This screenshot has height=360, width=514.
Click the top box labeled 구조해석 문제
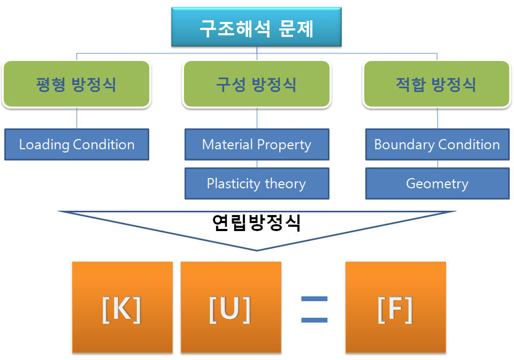click(x=256, y=27)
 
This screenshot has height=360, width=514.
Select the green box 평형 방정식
click(x=76, y=84)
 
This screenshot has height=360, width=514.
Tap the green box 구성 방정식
click(x=256, y=84)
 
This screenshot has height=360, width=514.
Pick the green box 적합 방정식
click(x=436, y=84)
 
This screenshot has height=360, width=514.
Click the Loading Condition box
click(x=76, y=144)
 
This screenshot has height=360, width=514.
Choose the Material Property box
click(x=257, y=144)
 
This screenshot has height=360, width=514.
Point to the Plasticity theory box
click(x=257, y=183)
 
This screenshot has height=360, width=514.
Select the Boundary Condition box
click(x=437, y=144)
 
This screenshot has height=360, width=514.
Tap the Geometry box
click(x=437, y=183)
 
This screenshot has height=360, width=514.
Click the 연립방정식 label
click(x=256, y=223)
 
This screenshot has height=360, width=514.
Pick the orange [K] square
click(x=122, y=307)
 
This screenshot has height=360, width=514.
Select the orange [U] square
click(x=231, y=307)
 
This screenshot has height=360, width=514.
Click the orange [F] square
click(x=395, y=307)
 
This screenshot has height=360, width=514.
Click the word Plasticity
click(x=233, y=183)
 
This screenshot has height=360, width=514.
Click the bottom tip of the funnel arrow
click(x=257, y=249)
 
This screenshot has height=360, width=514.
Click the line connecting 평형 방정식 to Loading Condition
click(x=76, y=118)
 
